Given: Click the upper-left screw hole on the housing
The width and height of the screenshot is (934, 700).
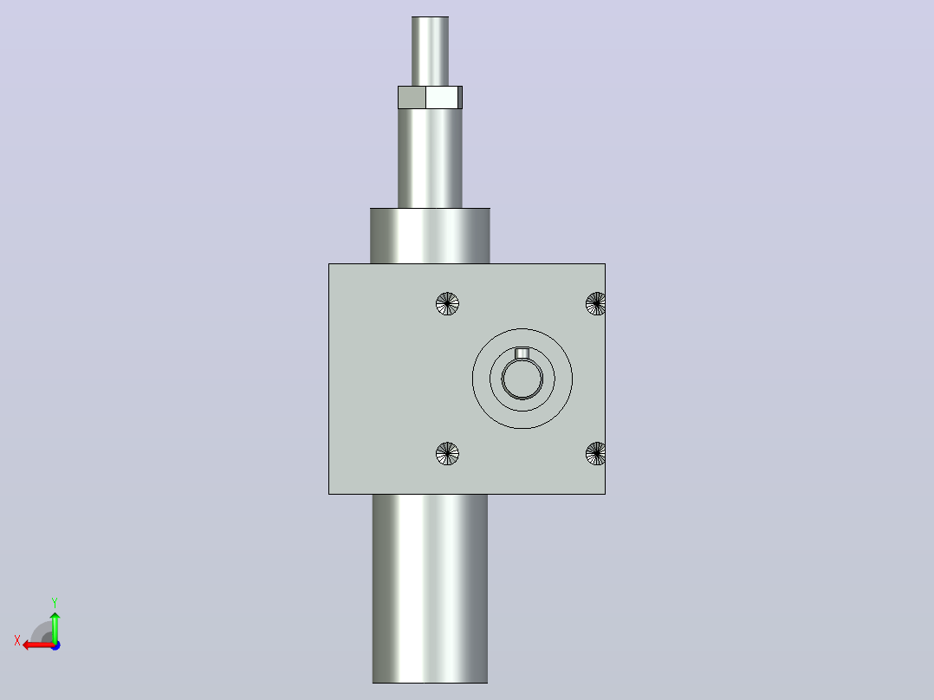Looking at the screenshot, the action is point(447,304).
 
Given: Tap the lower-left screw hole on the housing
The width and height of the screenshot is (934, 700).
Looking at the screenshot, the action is point(447,454).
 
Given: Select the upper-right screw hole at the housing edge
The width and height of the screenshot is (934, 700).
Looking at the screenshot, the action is point(596,304).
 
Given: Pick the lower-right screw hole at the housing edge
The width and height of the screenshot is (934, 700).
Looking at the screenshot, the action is point(596,454).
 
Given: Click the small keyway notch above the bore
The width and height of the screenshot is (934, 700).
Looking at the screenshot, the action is point(522,353).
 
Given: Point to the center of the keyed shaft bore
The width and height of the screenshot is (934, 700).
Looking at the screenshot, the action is point(522,379).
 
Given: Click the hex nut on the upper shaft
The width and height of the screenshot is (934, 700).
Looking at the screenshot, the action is point(430,98).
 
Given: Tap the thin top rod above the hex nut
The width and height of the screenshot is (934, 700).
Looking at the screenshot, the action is point(430,51).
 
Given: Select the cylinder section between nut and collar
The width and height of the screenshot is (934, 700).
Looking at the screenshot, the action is point(430,159).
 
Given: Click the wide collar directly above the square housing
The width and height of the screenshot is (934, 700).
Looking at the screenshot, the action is point(430,236).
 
